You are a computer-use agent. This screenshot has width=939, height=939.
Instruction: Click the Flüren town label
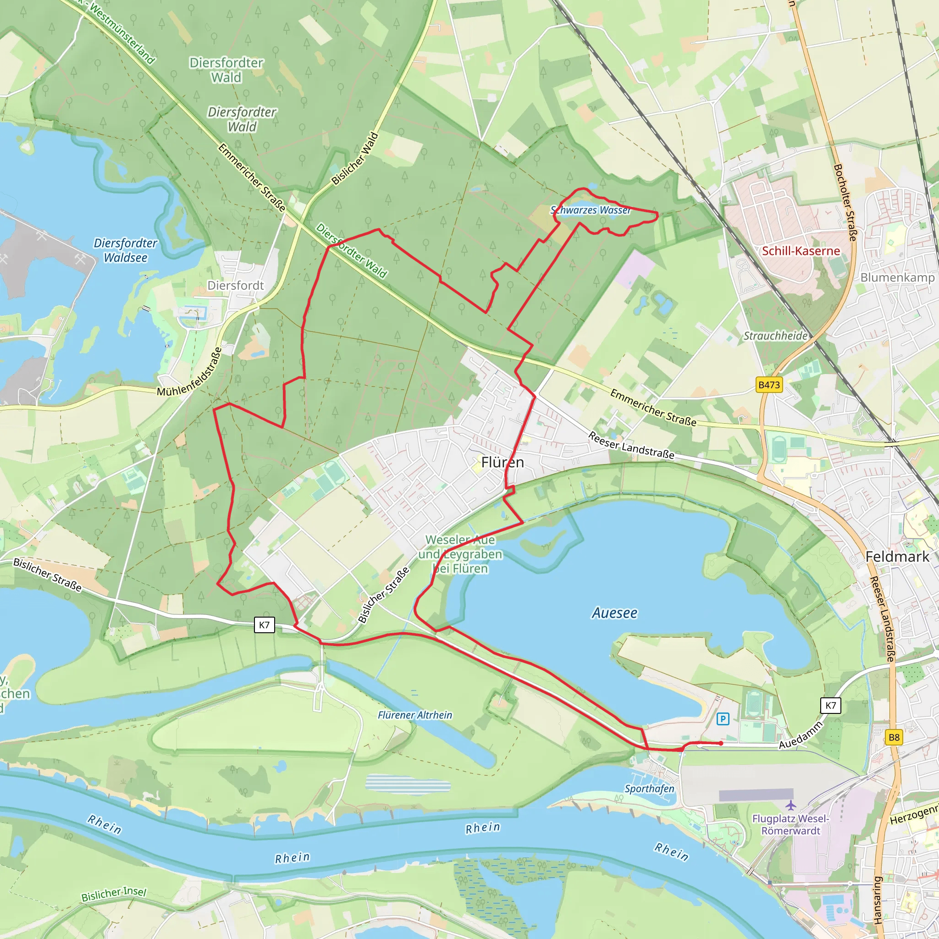click(502, 462)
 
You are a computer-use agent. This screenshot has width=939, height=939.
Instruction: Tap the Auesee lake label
click(614, 613)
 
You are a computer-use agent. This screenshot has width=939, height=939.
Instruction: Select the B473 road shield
click(769, 385)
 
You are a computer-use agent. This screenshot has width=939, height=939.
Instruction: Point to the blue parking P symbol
click(723, 719)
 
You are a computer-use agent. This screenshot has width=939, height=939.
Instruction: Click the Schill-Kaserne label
click(801, 251)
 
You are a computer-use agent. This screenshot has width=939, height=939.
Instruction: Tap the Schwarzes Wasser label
click(591, 210)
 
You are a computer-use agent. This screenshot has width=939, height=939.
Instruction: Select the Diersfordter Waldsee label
click(125, 250)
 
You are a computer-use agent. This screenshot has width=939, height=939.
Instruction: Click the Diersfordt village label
click(235, 285)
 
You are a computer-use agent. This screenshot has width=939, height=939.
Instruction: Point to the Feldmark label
click(897, 557)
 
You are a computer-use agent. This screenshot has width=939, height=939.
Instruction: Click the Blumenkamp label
click(897, 277)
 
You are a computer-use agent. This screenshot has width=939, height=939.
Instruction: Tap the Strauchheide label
click(776, 336)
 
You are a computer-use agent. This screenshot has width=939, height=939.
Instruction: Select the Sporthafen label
click(649, 788)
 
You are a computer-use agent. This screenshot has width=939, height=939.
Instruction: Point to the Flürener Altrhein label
click(415, 715)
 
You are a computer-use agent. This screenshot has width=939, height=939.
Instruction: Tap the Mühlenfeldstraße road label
click(189, 372)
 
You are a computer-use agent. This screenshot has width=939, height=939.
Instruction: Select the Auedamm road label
click(801, 735)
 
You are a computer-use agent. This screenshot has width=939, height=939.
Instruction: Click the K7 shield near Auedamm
click(831, 705)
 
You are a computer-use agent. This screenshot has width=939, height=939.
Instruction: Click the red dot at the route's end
click(721, 743)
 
